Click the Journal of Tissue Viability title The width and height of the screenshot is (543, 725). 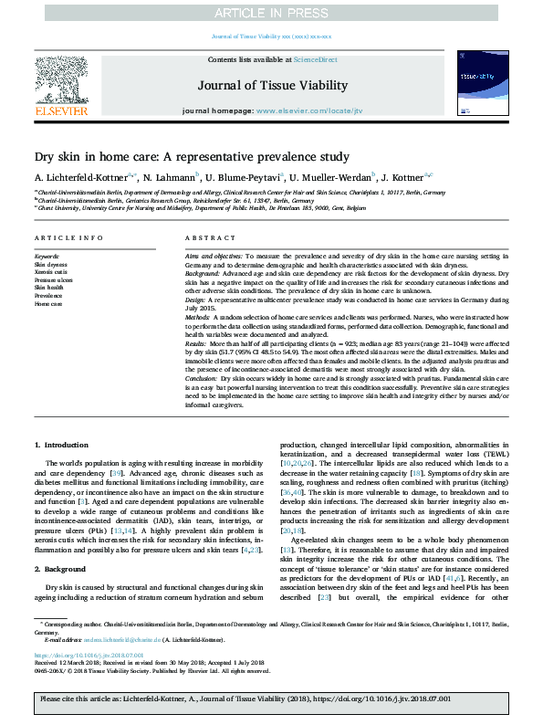(271, 86)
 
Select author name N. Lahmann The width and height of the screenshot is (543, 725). (171, 176)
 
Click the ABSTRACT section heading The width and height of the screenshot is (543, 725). (204, 238)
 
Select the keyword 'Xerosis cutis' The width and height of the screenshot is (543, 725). (51, 271)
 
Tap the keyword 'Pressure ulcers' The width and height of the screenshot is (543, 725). (53, 279)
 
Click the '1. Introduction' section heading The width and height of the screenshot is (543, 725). (63, 444)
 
